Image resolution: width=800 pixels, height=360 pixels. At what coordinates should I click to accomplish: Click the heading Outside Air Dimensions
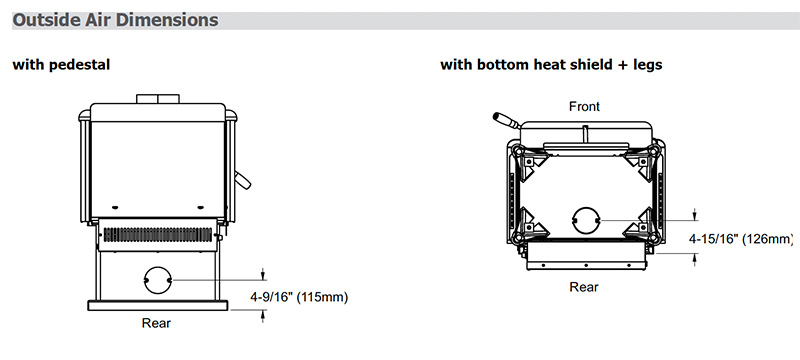(x=115, y=20)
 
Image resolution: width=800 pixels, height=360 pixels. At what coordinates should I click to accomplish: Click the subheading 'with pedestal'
(x=61, y=65)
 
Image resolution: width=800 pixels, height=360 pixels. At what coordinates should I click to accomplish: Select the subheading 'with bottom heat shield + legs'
(x=551, y=65)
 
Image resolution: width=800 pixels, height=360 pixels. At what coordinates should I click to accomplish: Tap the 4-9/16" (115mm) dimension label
(x=299, y=297)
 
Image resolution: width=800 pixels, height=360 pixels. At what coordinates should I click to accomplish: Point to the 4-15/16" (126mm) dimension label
(x=741, y=239)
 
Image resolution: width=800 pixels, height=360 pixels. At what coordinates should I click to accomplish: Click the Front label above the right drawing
(x=585, y=107)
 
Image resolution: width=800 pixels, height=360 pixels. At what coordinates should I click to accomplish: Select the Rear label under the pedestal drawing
(x=156, y=323)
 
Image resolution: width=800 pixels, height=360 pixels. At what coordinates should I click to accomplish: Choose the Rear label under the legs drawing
(x=584, y=287)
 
